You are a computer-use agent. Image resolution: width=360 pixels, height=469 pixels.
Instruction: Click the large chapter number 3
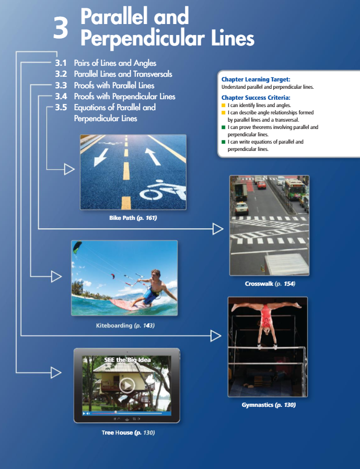point(61,28)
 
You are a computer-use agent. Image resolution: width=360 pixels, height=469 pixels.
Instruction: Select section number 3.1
point(61,63)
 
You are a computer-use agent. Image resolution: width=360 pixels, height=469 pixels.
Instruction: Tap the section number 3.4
point(61,96)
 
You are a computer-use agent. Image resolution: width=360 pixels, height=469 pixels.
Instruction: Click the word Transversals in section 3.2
point(153,74)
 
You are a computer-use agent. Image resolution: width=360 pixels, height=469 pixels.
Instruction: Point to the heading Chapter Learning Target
point(256,79)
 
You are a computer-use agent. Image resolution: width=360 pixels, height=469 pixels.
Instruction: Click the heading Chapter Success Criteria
point(256,98)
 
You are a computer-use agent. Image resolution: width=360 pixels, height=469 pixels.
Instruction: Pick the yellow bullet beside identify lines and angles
point(223,105)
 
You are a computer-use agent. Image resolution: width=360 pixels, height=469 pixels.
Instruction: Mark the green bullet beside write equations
point(223,142)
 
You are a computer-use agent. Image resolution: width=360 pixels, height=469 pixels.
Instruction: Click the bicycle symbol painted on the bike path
point(164,191)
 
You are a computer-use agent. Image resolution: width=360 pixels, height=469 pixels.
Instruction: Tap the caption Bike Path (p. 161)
point(133,218)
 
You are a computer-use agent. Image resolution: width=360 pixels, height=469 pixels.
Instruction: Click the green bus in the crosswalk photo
point(295,190)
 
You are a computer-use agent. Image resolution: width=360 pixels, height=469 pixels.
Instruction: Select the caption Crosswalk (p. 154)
point(270,284)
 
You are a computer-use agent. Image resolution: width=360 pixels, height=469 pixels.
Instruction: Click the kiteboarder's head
point(155,275)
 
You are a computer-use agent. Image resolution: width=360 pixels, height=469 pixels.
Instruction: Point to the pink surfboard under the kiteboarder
point(129,305)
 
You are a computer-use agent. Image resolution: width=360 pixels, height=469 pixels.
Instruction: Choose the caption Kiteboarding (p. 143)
point(125,325)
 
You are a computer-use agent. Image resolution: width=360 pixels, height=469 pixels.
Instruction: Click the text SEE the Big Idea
point(127,360)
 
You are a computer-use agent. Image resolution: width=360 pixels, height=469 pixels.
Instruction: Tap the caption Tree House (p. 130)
point(128,432)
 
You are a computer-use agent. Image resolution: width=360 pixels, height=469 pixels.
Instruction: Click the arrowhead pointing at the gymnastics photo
point(216,336)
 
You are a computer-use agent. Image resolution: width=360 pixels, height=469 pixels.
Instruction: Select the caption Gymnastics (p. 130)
point(269,405)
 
